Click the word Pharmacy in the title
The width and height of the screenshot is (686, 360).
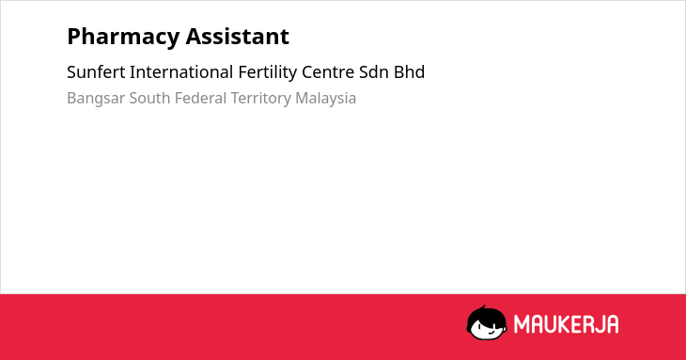click(x=123, y=37)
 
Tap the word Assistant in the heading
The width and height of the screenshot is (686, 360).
click(x=238, y=36)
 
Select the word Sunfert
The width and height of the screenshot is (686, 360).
click(x=96, y=72)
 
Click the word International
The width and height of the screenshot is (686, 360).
click(x=181, y=72)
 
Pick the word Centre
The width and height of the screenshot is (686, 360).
click(x=328, y=72)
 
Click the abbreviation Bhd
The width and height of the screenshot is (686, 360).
click(x=409, y=72)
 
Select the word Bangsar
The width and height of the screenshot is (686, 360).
click(x=96, y=99)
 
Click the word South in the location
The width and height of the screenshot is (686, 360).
click(x=149, y=98)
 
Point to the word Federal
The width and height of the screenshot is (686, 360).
click(x=200, y=98)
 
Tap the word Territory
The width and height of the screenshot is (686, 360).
click(x=260, y=99)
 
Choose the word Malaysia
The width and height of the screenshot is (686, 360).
click(x=325, y=99)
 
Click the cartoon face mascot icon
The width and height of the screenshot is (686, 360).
click(x=487, y=323)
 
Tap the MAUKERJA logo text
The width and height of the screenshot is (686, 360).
click(x=566, y=324)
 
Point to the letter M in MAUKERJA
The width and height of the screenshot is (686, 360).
click(x=522, y=324)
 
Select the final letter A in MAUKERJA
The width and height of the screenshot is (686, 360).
click(x=612, y=324)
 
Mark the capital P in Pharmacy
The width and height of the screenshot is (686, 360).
click(x=74, y=36)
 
